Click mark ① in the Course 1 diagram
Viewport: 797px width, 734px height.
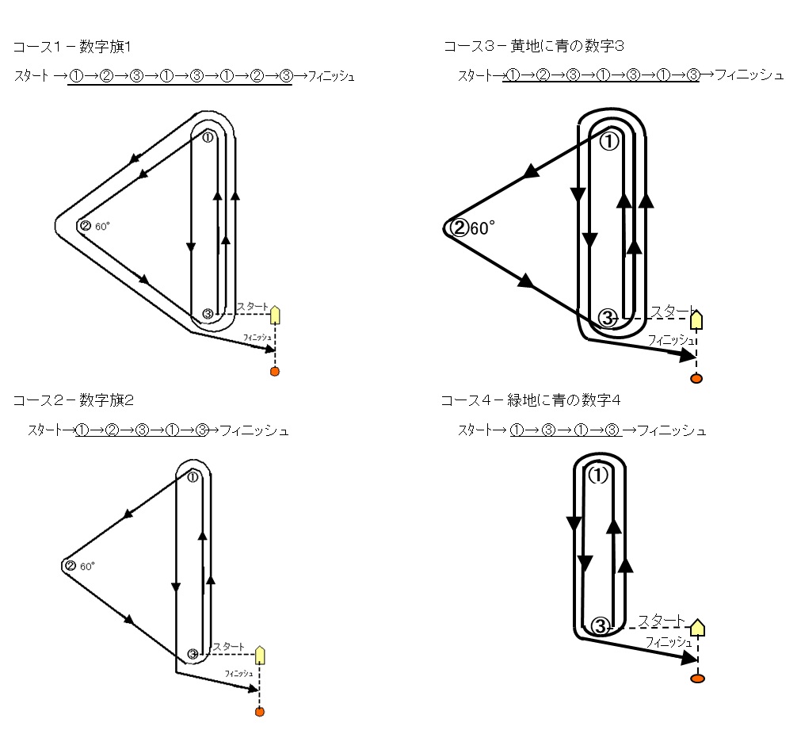(208, 136)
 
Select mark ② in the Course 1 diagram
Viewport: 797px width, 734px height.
(85, 226)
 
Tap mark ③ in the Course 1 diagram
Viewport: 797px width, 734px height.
(208, 314)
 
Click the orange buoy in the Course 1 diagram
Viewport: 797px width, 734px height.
(275, 371)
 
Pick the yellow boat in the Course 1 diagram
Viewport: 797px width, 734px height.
(275, 315)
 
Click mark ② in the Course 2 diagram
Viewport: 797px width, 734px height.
(70, 566)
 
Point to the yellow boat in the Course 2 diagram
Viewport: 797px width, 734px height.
(259, 655)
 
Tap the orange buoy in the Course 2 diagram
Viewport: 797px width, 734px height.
(259, 712)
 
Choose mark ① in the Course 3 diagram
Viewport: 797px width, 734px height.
(608, 142)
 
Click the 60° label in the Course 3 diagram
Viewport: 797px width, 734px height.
(482, 229)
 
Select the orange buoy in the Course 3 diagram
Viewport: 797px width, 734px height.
(696, 378)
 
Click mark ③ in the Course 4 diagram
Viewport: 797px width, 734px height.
(600, 626)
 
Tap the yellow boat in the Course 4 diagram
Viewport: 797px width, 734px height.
(697, 628)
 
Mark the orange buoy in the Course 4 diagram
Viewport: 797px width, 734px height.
(697, 679)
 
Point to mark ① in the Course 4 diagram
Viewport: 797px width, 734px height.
(599, 475)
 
